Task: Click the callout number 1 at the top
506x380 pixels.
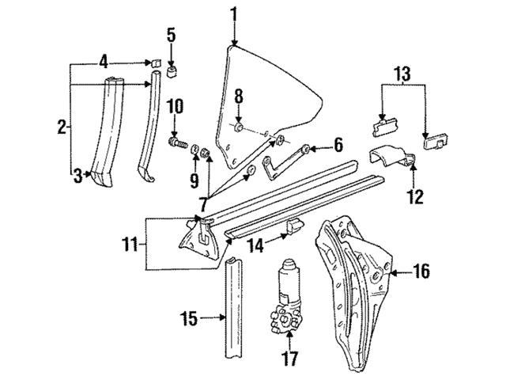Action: (x=233, y=13)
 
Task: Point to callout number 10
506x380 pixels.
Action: (x=176, y=105)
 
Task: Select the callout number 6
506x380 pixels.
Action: (x=338, y=144)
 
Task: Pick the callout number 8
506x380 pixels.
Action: (x=239, y=97)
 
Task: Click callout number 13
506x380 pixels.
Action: (x=404, y=74)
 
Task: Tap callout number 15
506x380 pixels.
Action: (x=188, y=321)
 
